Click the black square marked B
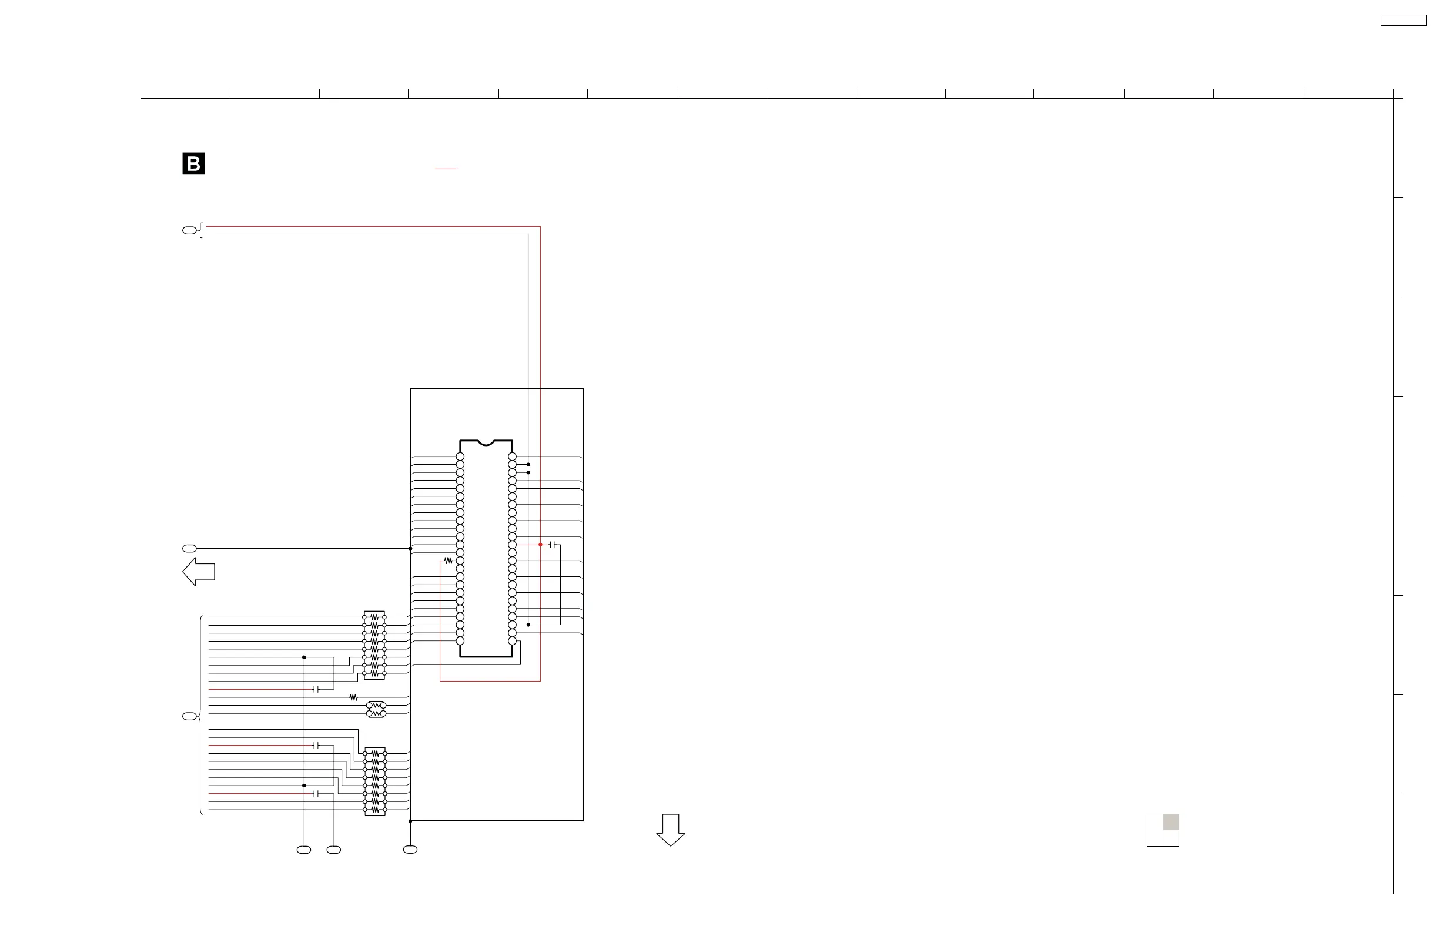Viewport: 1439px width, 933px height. (193, 164)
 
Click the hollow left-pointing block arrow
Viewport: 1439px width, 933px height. (198, 572)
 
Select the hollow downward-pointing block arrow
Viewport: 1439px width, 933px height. (671, 830)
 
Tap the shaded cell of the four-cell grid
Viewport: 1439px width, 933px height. (1170, 822)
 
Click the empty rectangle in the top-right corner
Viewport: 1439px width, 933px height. (1403, 21)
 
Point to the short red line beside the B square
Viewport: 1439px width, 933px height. (446, 169)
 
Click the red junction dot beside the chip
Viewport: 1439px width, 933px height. (541, 545)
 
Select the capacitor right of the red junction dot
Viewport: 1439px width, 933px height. (553, 545)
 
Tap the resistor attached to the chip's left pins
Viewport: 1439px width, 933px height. (448, 561)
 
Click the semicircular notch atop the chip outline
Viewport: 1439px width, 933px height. (486, 442)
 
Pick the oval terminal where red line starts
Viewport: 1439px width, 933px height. (189, 230)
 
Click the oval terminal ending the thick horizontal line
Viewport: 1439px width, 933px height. (189, 549)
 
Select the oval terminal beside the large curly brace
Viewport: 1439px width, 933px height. (189, 716)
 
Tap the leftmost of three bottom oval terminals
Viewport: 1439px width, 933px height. (303, 850)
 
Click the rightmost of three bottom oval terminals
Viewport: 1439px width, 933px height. (410, 850)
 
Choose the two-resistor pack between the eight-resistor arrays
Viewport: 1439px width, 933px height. (376, 709)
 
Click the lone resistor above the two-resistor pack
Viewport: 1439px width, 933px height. (354, 697)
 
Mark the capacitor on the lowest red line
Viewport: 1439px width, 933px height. (316, 793)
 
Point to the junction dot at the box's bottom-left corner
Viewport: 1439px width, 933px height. (410, 821)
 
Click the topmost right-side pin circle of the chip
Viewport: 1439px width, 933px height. (512, 457)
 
